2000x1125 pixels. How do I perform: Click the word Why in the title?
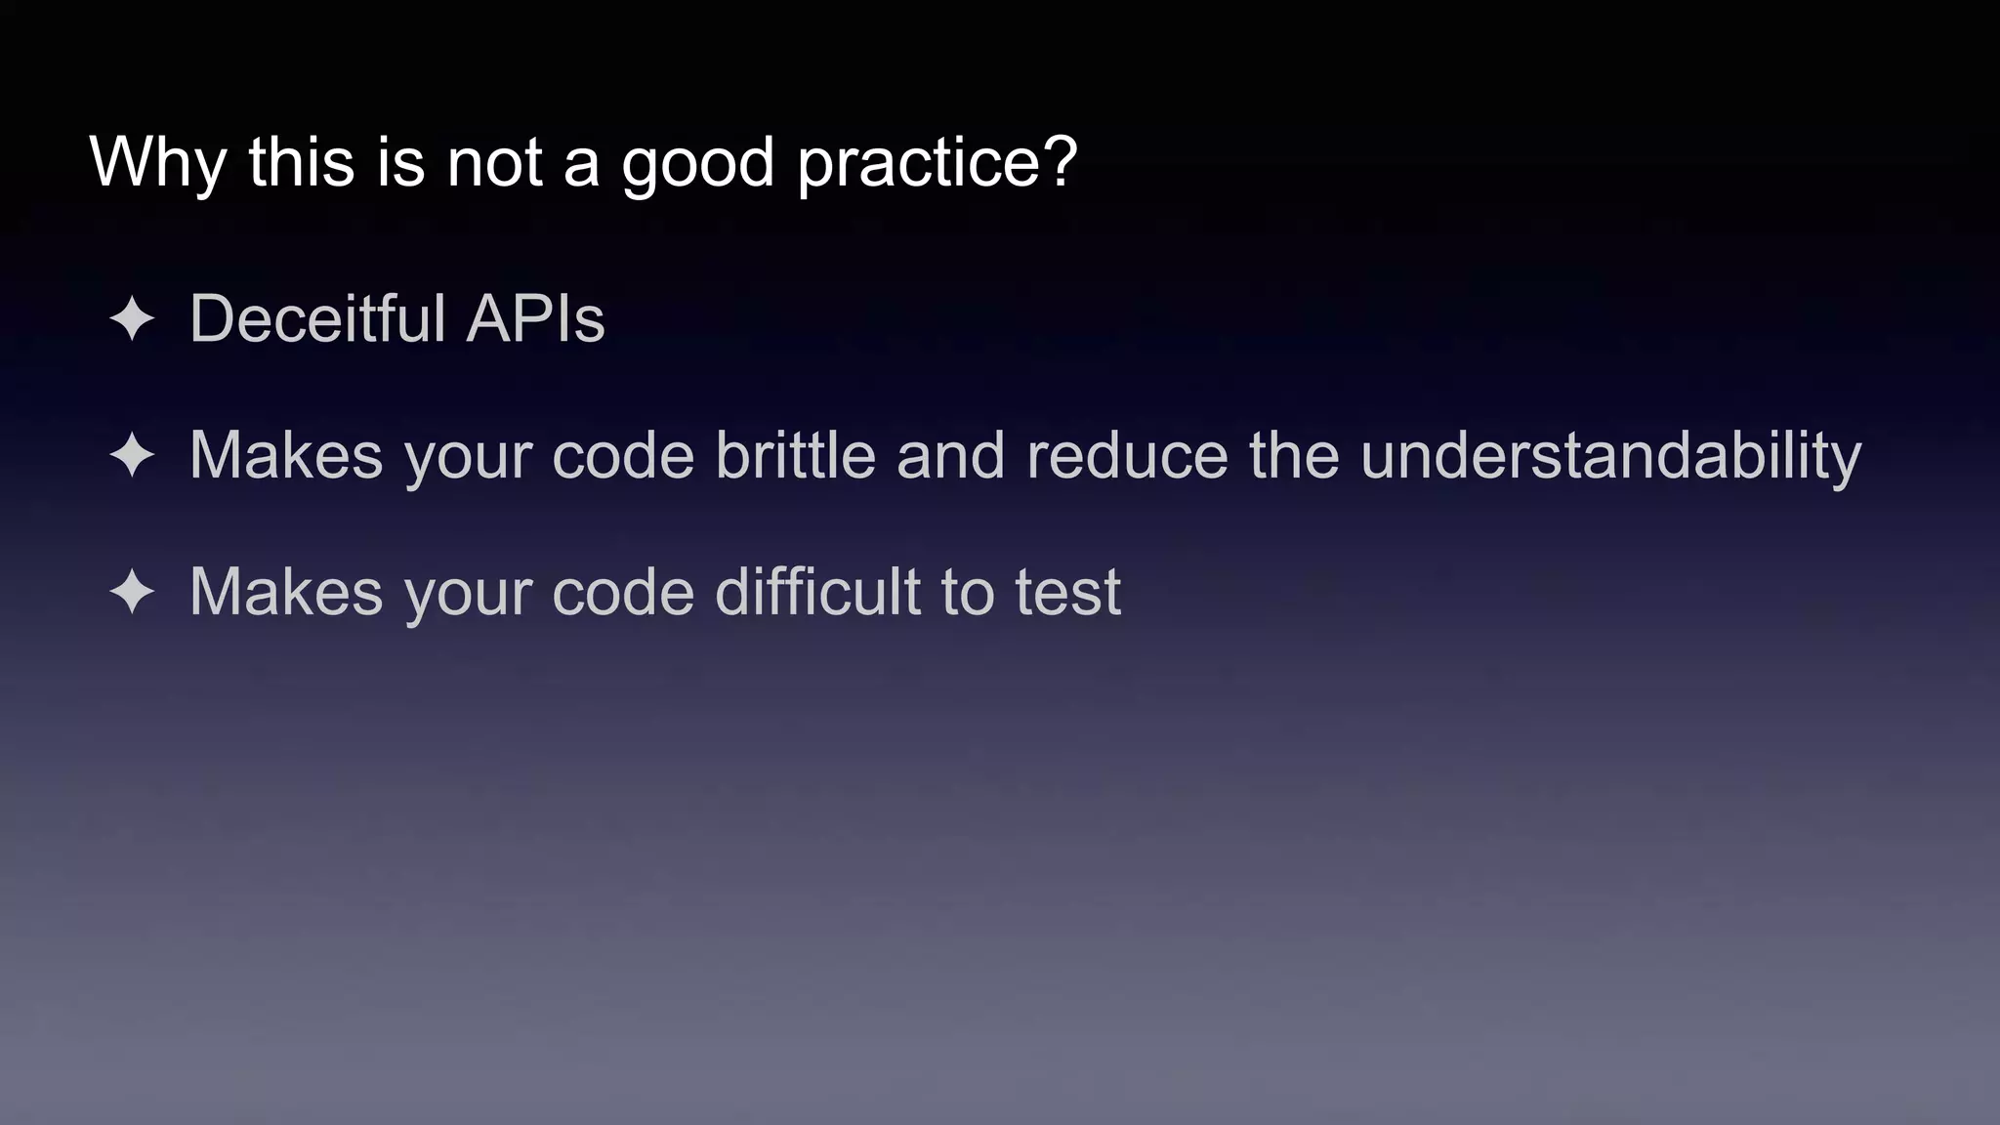(157, 162)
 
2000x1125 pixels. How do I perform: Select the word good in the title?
(697, 162)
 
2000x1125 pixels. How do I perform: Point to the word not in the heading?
(494, 162)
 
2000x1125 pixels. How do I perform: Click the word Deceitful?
(317, 318)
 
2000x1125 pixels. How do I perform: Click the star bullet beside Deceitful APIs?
(132, 319)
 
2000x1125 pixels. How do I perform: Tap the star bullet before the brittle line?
(132, 456)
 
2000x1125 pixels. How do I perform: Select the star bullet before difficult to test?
(132, 593)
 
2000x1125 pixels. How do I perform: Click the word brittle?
(795, 455)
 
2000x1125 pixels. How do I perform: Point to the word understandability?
(1610, 455)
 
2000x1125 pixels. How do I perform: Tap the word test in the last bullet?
(1067, 592)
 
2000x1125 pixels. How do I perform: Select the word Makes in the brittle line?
(286, 455)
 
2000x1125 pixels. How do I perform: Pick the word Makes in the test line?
(286, 592)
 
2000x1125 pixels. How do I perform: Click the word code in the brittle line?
(623, 455)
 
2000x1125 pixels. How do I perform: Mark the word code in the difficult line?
(623, 592)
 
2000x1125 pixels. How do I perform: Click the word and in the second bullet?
(950, 455)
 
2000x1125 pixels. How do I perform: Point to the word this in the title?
(301, 162)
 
